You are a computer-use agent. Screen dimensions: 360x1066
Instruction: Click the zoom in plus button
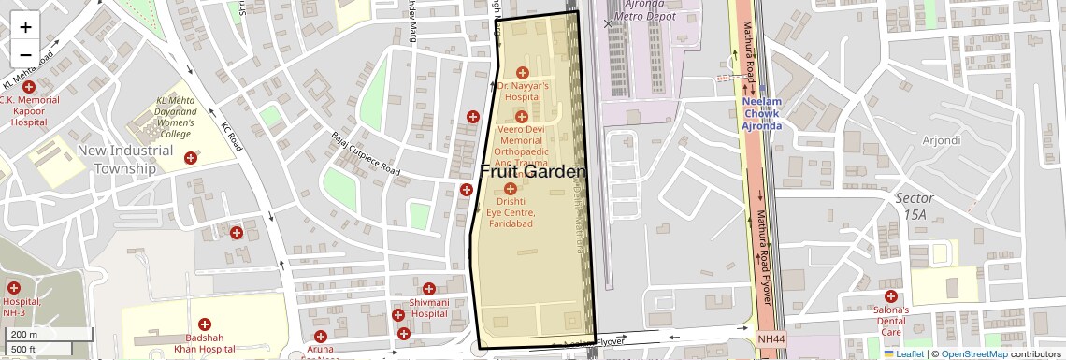click(x=25, y=26)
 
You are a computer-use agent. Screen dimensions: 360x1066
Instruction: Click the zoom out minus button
click(x=25, y=54)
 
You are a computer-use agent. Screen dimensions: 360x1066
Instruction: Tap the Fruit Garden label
click(x=533, y=172)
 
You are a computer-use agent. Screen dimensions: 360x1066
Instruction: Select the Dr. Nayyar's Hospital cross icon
click(x=523, y=72)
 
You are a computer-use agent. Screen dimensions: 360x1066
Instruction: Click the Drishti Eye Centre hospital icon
click(x=511, y=188)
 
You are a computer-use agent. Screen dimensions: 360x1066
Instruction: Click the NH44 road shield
click(x=771, y=338)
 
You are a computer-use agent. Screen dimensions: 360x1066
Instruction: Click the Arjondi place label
click(x=941, y=140)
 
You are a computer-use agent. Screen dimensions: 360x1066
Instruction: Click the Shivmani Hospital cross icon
click(x=429, y=289)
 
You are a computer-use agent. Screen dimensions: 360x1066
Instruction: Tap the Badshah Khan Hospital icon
click(x=205, y=324)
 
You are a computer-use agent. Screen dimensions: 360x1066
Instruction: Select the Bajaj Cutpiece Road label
click(x=366, y=154)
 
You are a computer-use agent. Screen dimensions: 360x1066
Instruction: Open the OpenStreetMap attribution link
click(x=973, y=353)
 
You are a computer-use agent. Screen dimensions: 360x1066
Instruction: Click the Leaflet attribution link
click(x=909, y=353)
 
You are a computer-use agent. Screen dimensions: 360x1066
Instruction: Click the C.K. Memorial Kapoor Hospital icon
click(x=29, y=87)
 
